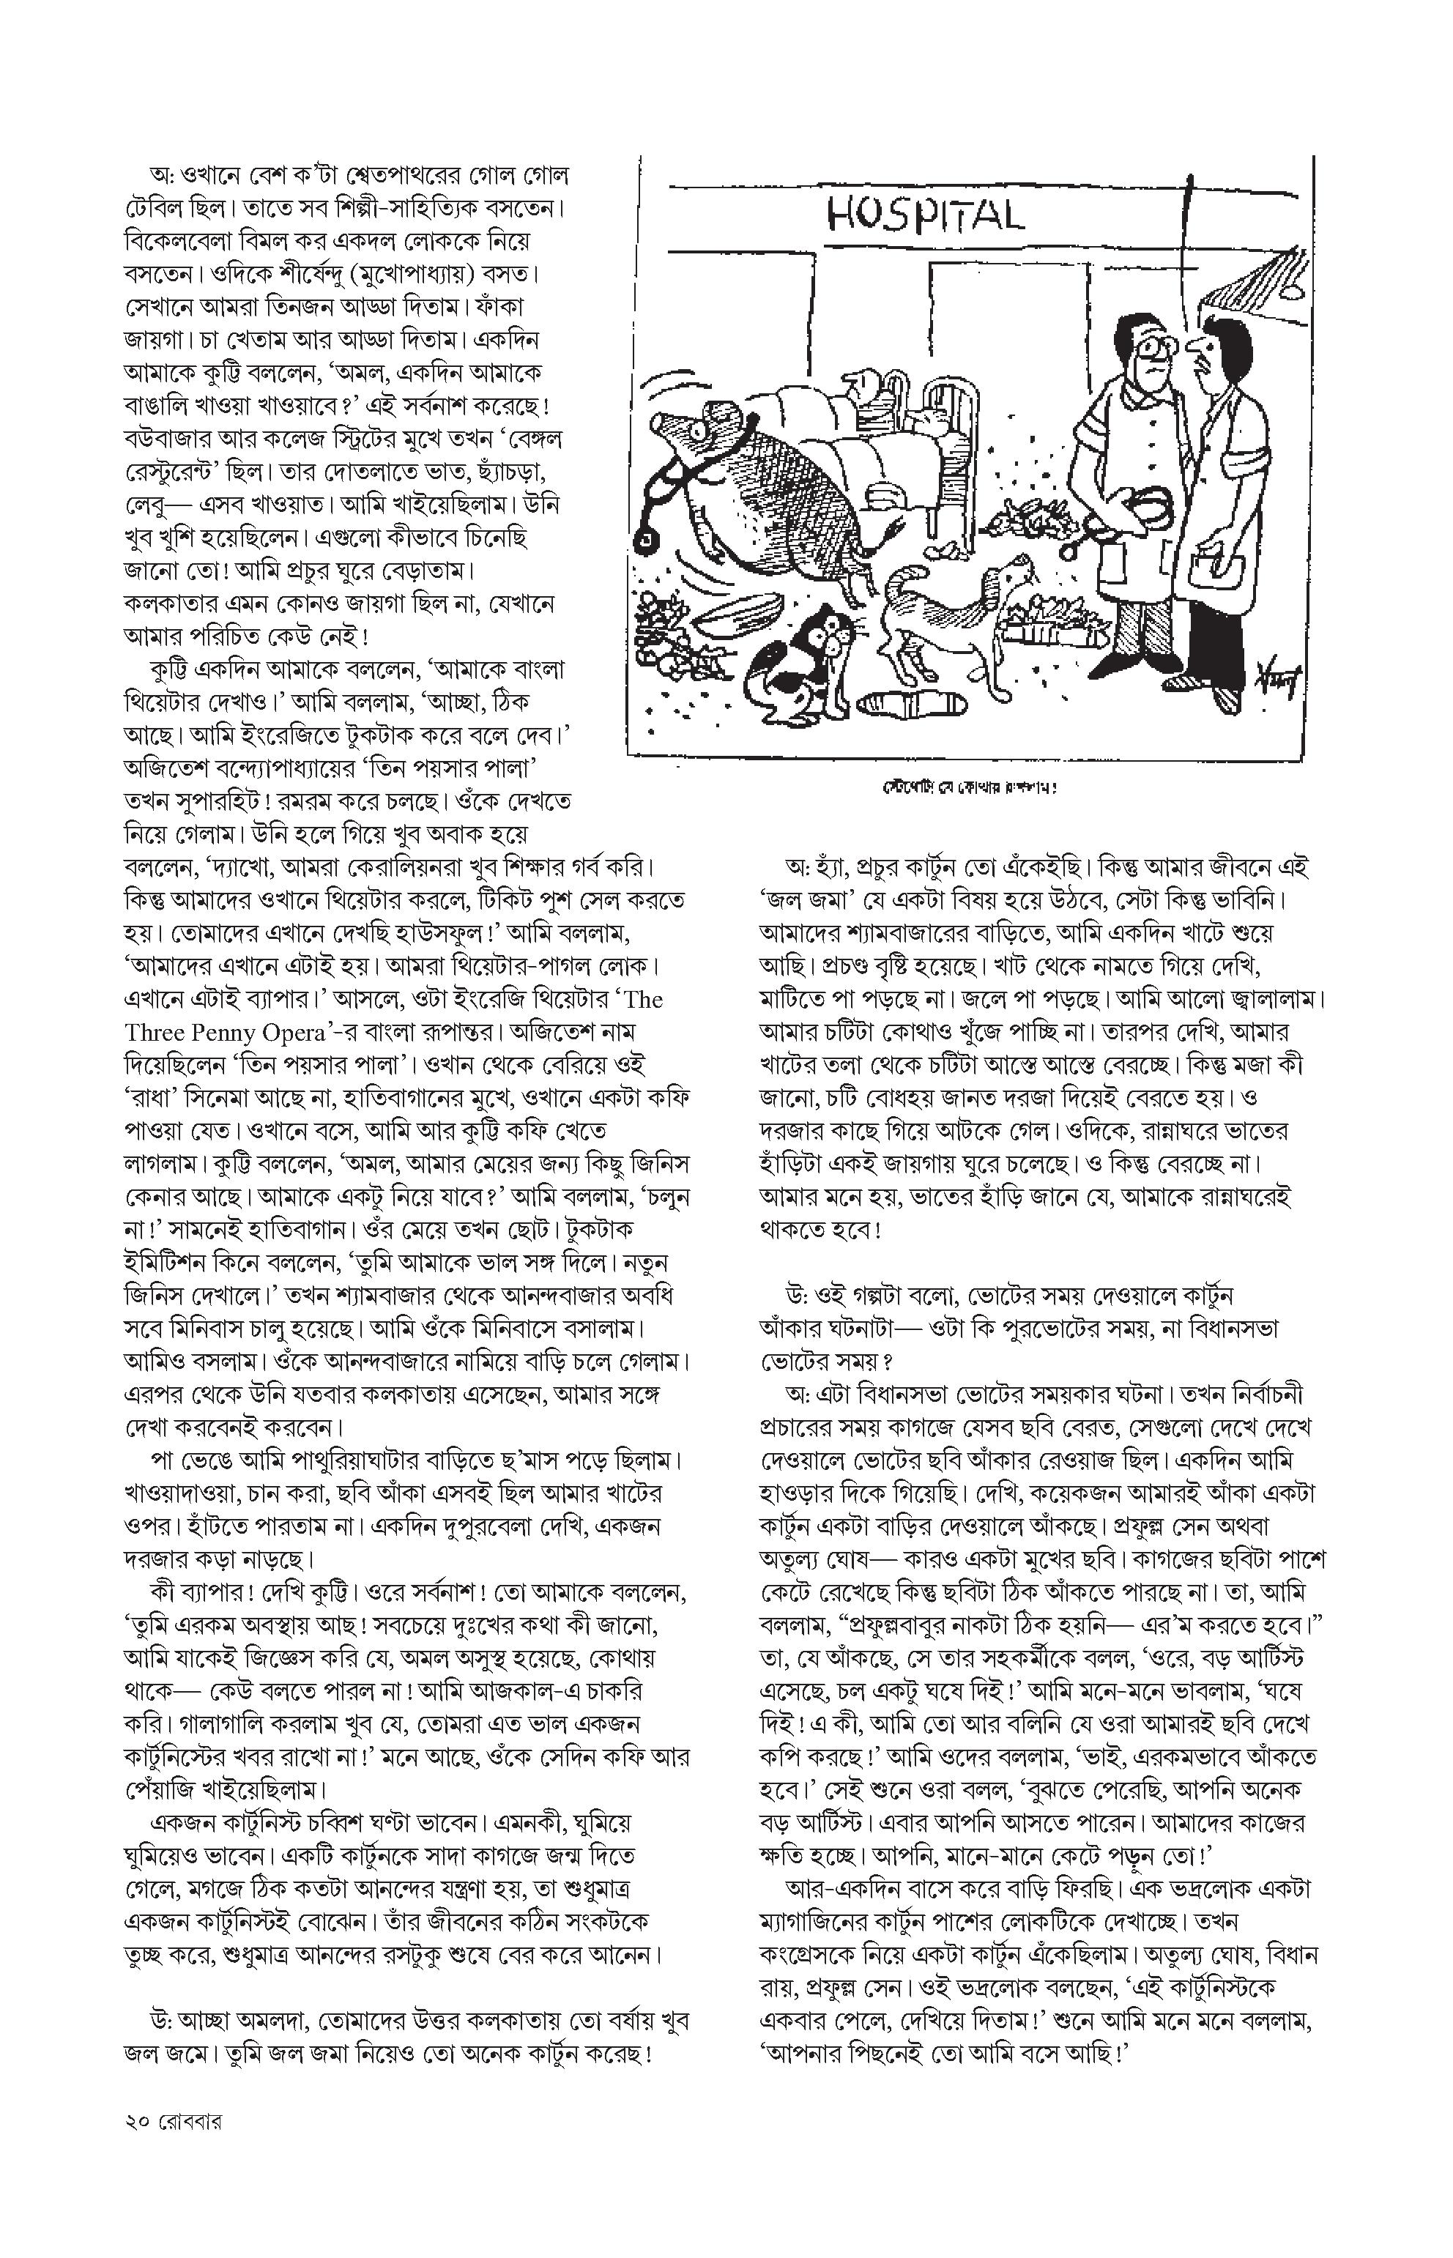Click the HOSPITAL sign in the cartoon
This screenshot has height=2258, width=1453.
click(925, 215)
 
